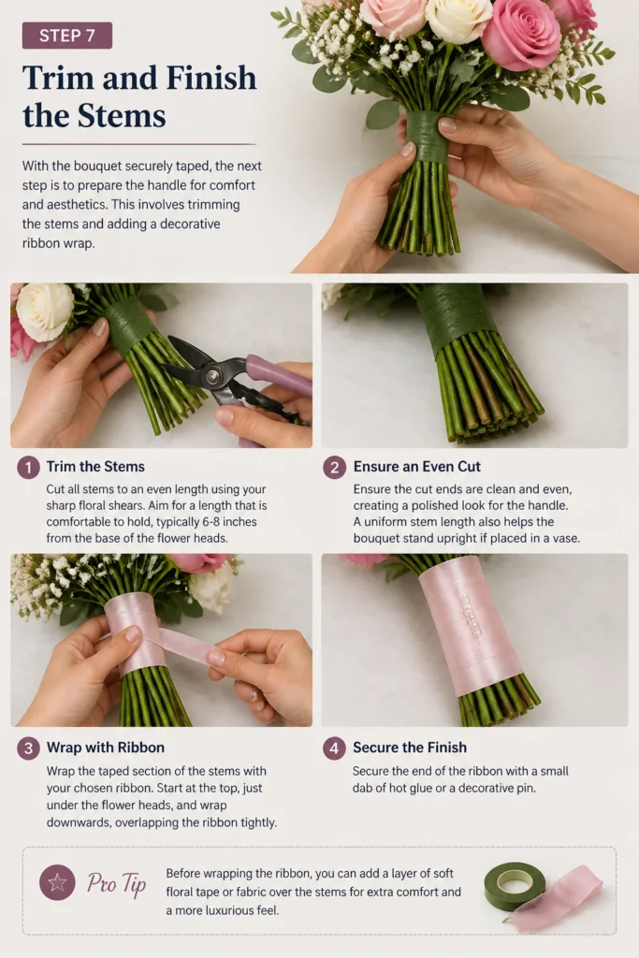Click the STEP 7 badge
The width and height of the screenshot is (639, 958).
(67, 36)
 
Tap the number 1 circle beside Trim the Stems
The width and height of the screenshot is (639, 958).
(28, 468)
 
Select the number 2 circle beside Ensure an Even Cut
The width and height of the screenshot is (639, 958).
(334, 468)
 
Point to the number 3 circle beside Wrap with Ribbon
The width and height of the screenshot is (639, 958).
(28, 748)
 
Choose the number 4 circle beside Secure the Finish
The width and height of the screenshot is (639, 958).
(334, 748)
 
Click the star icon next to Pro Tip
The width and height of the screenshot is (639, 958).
(57, 882)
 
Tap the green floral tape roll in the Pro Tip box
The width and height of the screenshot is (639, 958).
(515, 884)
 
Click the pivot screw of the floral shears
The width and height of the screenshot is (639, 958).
(213, 377)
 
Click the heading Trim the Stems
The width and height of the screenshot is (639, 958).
(95, 467)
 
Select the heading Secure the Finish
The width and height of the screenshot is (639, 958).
(410, 748)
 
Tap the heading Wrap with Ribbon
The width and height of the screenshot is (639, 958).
(106, 748)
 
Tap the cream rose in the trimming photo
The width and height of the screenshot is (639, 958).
(45, 311)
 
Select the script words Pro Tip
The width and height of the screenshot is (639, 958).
(116, 883)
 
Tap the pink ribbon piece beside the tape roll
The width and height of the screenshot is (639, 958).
(559, 899)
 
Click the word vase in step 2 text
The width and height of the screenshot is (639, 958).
(565, 538)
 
